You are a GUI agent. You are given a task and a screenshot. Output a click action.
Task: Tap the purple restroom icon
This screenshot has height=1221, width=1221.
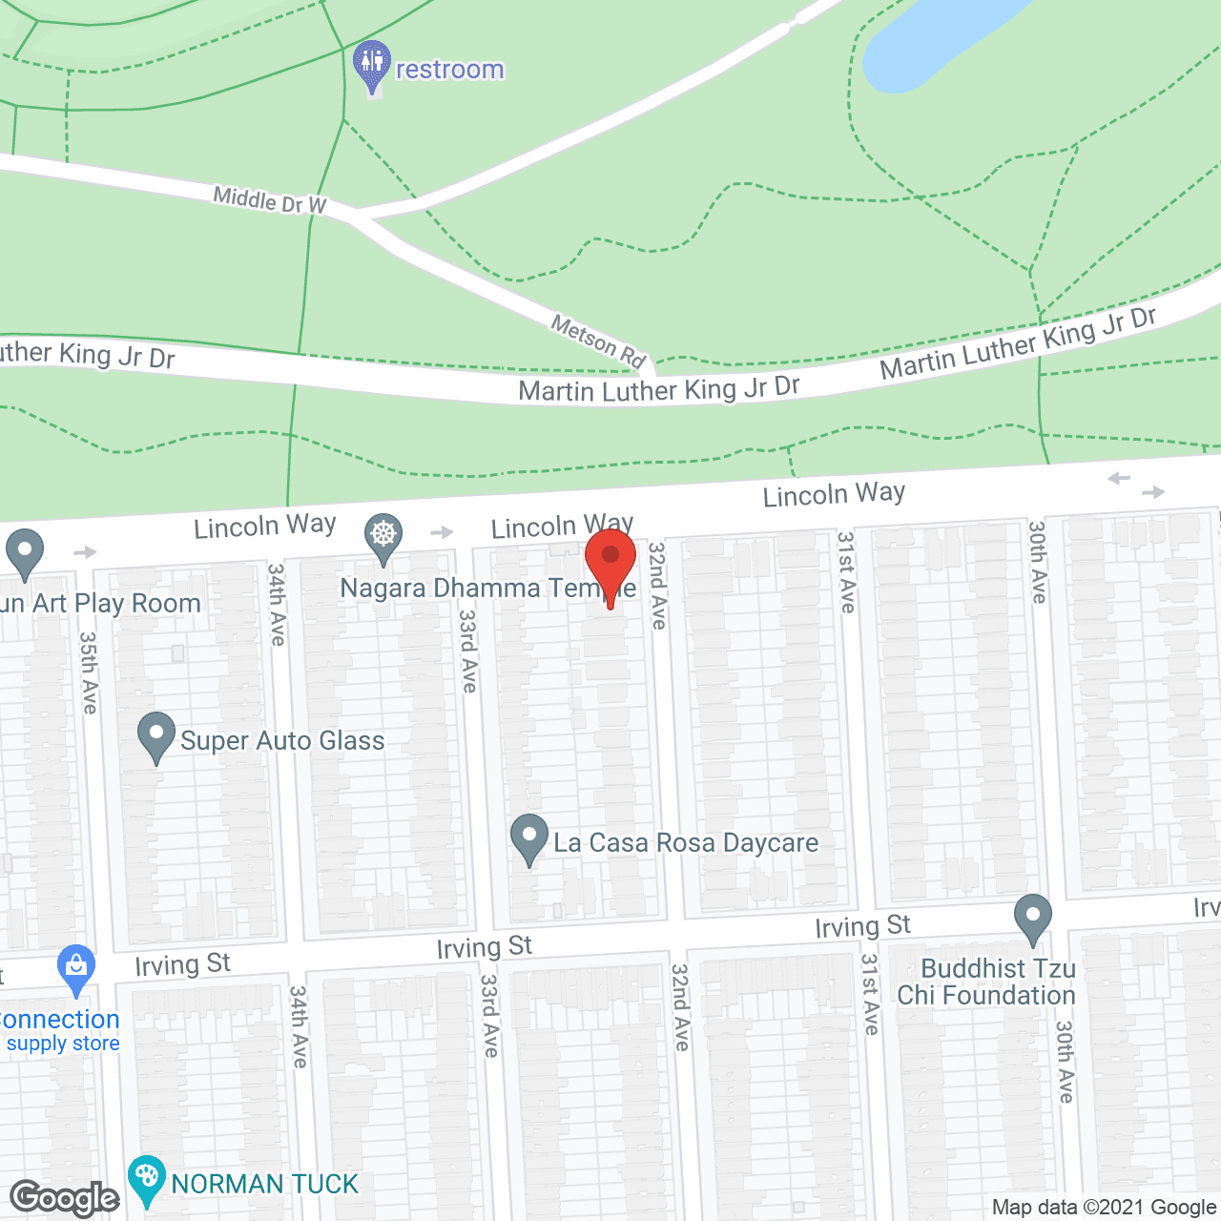(x=371, y=65)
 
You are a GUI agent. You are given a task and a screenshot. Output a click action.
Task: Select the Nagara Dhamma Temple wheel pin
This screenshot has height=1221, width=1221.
(x=383, y=536)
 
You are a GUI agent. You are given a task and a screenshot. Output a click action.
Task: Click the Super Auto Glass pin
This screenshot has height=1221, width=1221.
(x=156, y=736)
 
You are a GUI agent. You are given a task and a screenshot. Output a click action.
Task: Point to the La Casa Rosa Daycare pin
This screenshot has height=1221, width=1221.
(x=529, y=838)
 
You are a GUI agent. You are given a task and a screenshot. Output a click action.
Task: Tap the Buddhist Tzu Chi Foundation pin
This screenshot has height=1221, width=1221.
(x=1032, y=918)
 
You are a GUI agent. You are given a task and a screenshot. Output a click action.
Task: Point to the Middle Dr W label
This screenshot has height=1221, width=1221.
(x=270, y=200)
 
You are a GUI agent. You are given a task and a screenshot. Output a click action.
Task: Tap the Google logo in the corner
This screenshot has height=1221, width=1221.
(x=65, y=1198)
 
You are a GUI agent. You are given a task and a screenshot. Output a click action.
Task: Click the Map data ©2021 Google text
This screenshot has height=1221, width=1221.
(x=1105, y=1208)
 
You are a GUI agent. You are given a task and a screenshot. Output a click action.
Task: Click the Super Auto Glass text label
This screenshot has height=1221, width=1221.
(x=282, y=740)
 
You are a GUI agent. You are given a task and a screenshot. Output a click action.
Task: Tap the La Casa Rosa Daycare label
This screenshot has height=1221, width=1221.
(x=686, y=842)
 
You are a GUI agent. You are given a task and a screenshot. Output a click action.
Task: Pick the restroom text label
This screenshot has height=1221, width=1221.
(x=449, y=70)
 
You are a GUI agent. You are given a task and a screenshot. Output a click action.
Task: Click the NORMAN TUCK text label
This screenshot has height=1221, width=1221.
(x=265, y=1184)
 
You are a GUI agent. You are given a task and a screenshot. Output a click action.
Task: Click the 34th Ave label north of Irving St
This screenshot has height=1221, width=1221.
(x=277, y=604)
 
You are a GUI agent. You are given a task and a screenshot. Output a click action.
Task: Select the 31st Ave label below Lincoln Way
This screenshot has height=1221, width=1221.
(x=846, y=571)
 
